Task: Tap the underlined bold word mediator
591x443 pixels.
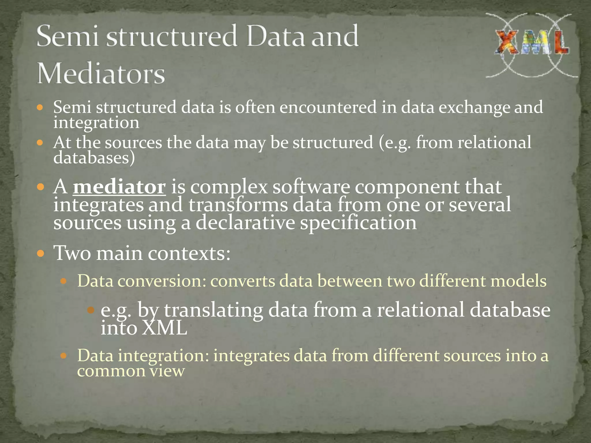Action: point(119,187)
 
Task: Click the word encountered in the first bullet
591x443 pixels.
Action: point(328,107)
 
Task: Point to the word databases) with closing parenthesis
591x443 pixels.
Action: point(94,158)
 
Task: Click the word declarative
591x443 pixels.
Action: point(245,223)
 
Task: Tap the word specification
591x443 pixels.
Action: point(358,223)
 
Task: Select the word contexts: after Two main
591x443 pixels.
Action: point(189,253)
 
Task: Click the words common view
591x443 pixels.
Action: point(131,371)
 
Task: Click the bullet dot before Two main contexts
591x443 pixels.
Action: point(41,254)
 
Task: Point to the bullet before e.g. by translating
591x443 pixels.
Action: point(91,310)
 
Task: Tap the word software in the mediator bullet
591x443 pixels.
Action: point(311,187)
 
